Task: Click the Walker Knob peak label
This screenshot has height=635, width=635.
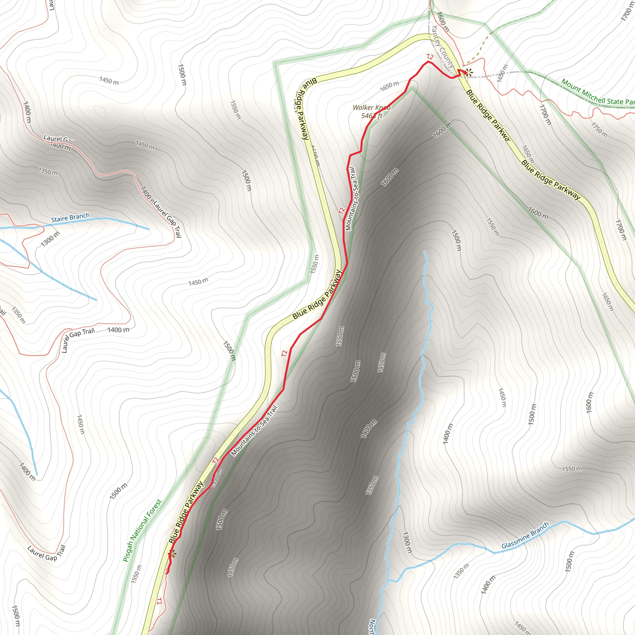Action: [x=371, y=108]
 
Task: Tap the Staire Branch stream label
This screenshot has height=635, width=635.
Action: [x=70, y=218]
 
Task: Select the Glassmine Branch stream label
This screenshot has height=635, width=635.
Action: [x=525, y=535]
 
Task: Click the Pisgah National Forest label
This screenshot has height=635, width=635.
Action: [x=142, y=531]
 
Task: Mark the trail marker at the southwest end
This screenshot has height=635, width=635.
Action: [x=171, y=554]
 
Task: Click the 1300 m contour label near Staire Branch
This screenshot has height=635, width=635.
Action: [x=50, y=239]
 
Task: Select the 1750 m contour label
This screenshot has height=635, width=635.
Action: [x=599, y=130]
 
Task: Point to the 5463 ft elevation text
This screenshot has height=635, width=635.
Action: [x=372, y=116]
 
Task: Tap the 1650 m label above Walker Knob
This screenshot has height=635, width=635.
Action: [x=389, y=86]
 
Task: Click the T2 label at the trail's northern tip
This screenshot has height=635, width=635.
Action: [x=429, y=57]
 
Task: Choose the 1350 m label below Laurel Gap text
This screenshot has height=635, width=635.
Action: [x=48, y=171]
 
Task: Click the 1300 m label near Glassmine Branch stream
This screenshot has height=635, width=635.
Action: [x=407, y=542]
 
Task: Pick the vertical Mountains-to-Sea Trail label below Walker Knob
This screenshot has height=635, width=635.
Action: [x=351, y=199]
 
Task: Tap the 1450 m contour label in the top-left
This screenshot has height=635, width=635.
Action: [x=109, y=81]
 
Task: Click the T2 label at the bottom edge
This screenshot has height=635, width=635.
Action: [x=159, y=601]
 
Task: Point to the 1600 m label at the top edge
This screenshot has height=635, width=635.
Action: [x=443, y=22]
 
